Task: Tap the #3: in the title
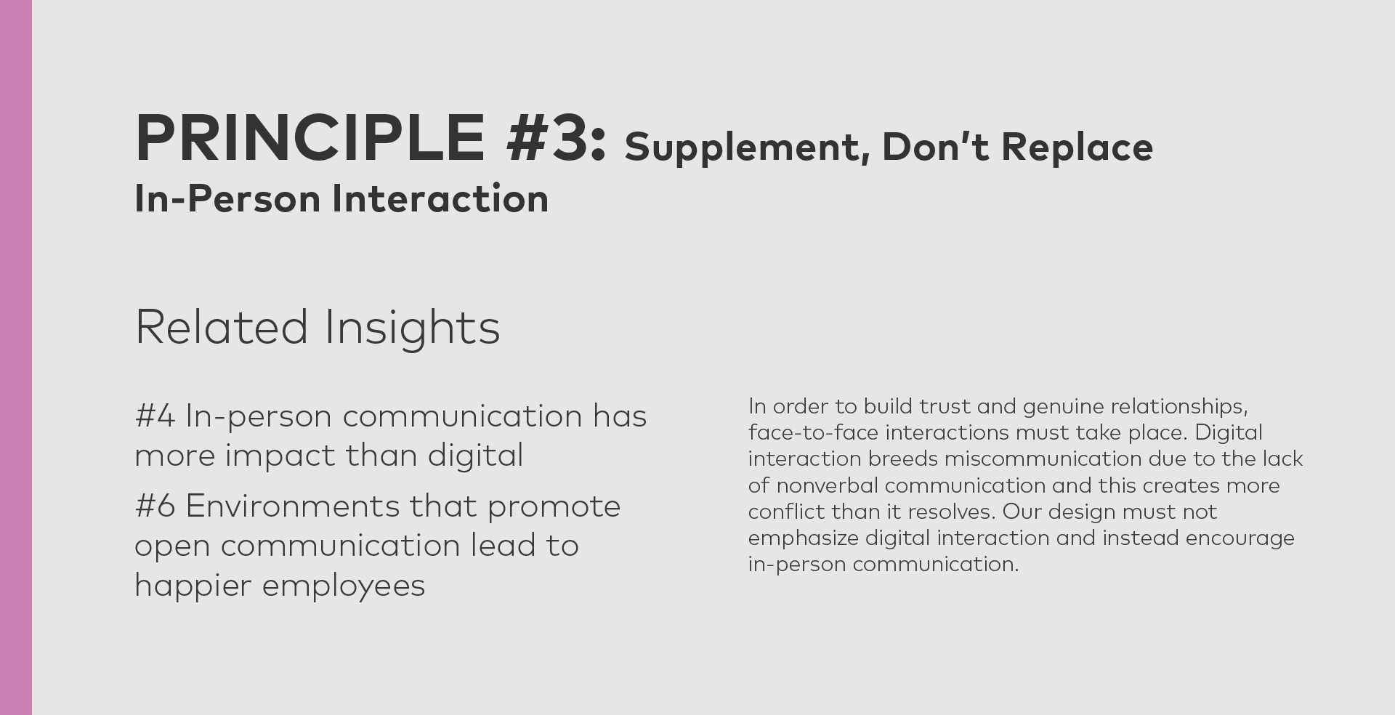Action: [557, 137]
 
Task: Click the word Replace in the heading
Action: [1077, 148]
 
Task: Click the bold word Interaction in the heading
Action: [440, 199]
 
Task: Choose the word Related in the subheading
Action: [222, 327]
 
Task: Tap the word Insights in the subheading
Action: [412, 328]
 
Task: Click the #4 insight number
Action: [155, 417]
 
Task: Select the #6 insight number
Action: [155, 506]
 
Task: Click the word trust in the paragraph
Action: [945, 406]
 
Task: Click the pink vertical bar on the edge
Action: [16, 357]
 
